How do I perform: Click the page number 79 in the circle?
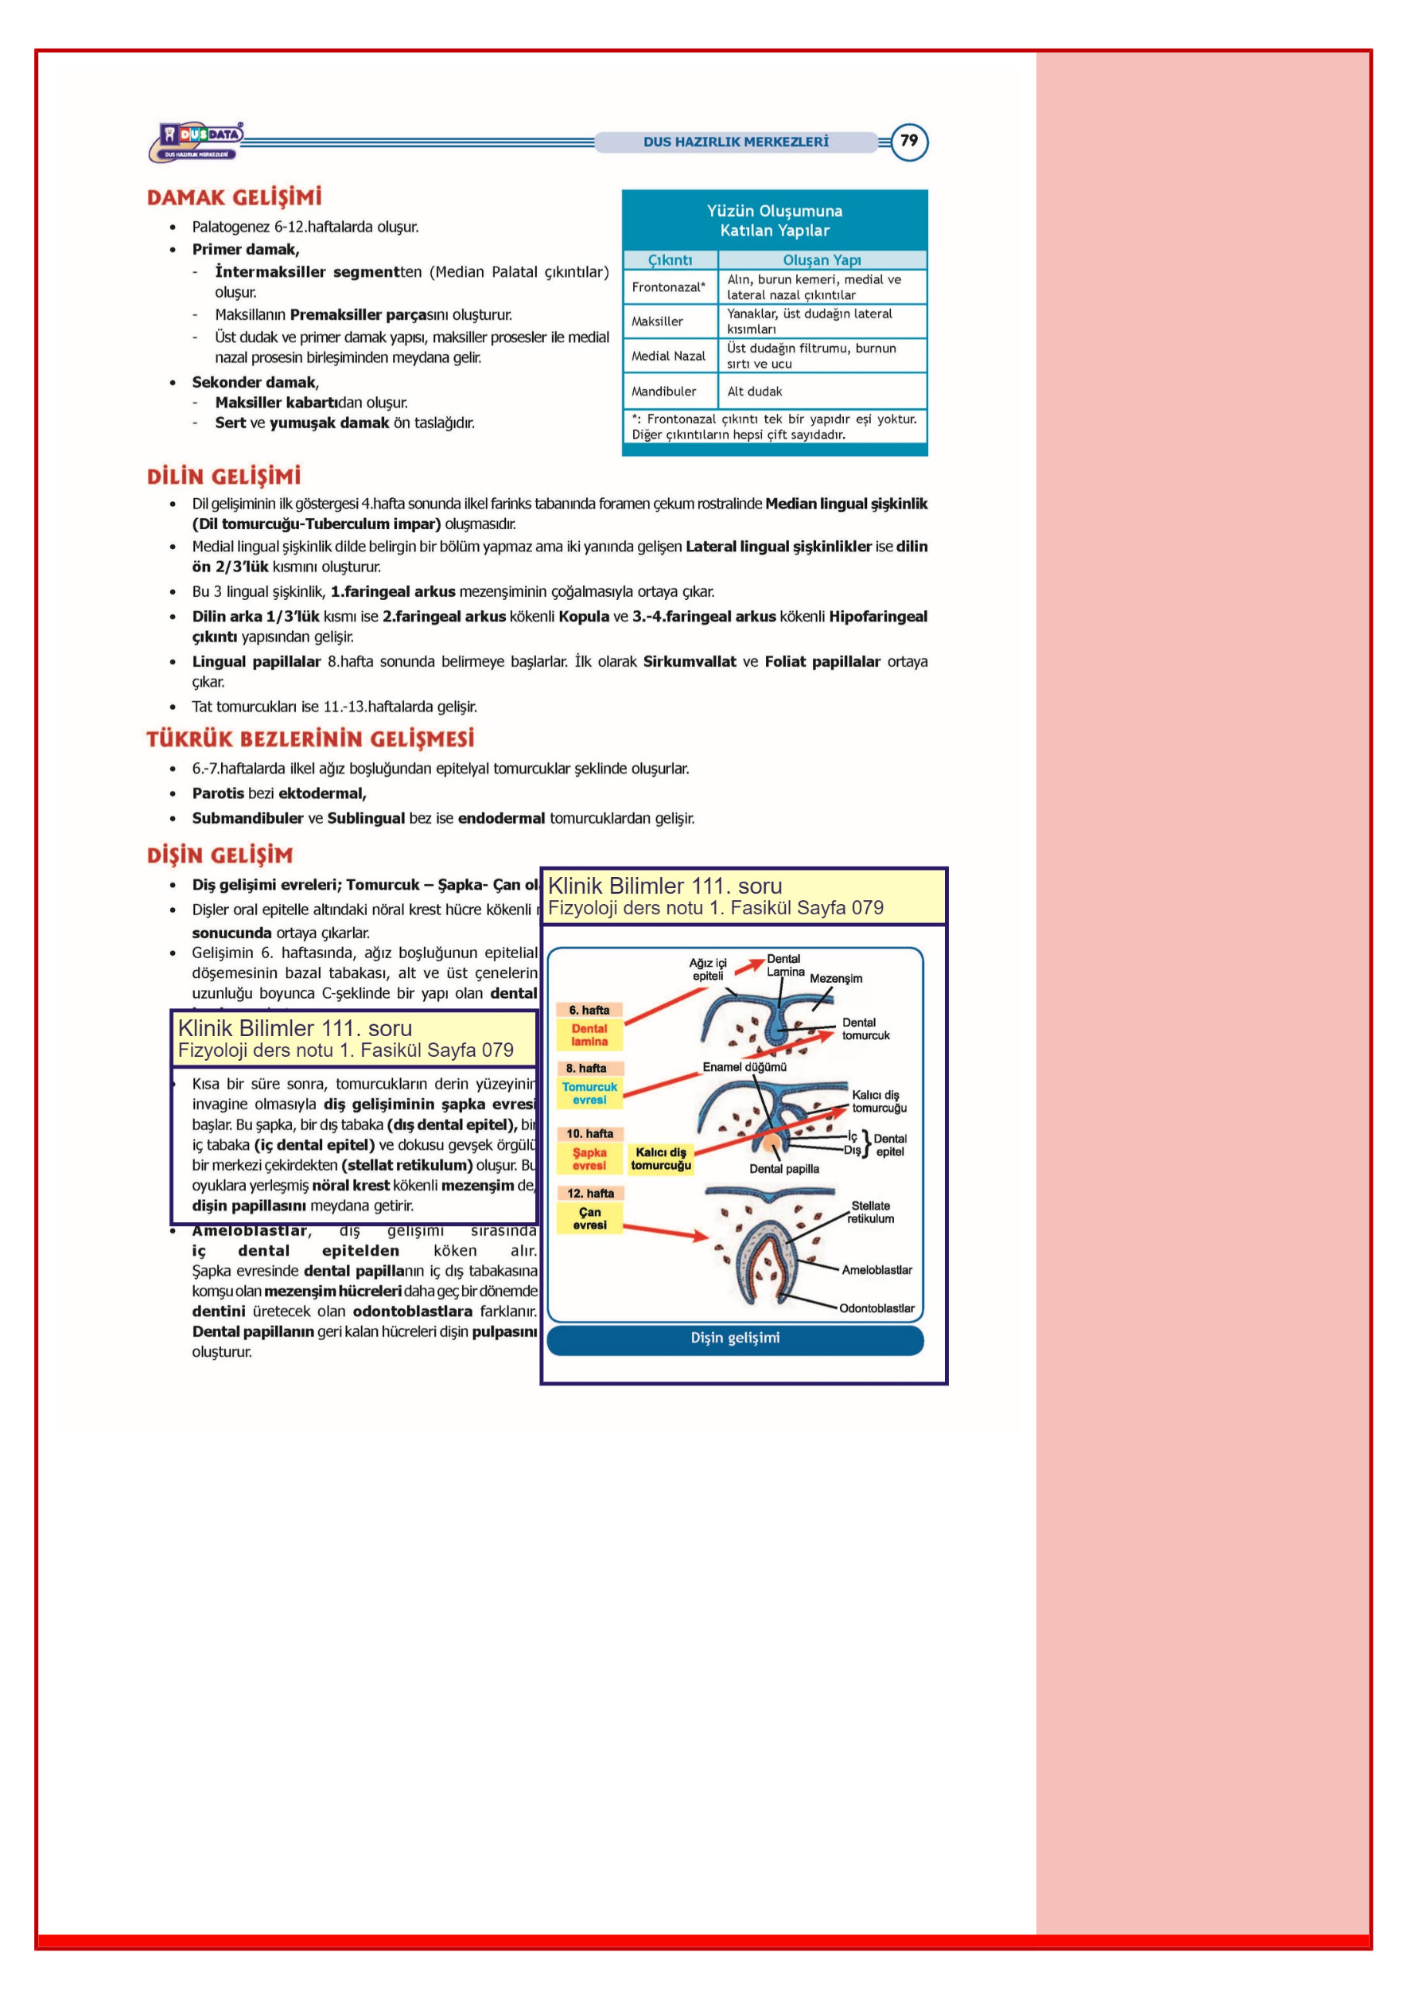coord(909,141)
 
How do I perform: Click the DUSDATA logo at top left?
coord(196,141)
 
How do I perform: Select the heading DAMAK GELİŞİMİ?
coord(234,197)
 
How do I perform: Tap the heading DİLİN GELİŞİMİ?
coord(224,476)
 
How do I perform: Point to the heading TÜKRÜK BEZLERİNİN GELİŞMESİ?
coord(310,739)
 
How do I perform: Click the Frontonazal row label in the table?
coord(668,286)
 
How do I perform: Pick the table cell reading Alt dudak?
coord(755,391)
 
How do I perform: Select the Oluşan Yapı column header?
coord(822,259)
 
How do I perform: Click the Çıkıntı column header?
coord(670,259)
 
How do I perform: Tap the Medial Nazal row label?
coord(668,355)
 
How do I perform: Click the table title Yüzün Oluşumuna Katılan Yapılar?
coord(774,220)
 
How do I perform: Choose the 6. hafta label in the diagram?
coord(589,1010)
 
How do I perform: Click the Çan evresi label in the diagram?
coord(589,1218)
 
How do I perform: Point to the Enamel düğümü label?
coord(744,1066)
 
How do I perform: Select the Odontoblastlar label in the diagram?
coord(877,1307)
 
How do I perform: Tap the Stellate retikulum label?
coord(870,1212)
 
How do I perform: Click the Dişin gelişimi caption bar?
coord(735,1339)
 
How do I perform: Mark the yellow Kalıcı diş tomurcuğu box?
coord(661,1159)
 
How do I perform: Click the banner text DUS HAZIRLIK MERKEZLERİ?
coord(736,142)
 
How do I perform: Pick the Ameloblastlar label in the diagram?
coord(877,1269)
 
